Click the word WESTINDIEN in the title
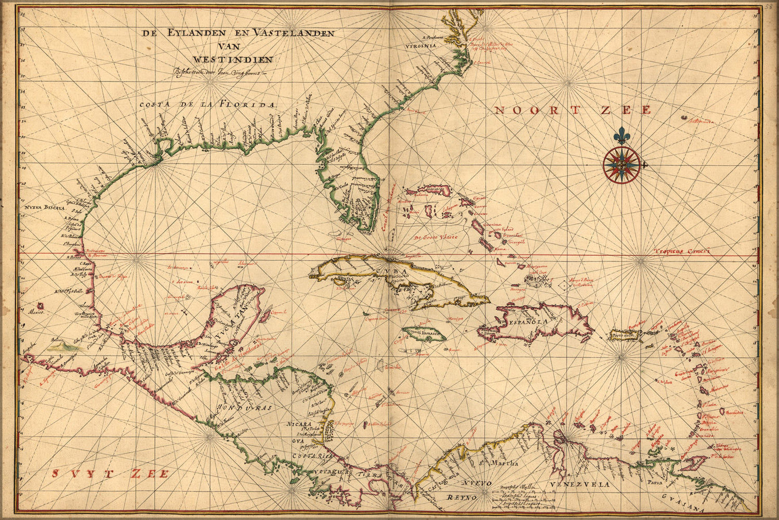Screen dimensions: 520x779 [x=233, y=59]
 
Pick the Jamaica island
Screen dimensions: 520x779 [x=422, y=334]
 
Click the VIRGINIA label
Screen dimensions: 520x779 [x=420, y=46]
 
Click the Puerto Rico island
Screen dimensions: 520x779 [x=626, y=335]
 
